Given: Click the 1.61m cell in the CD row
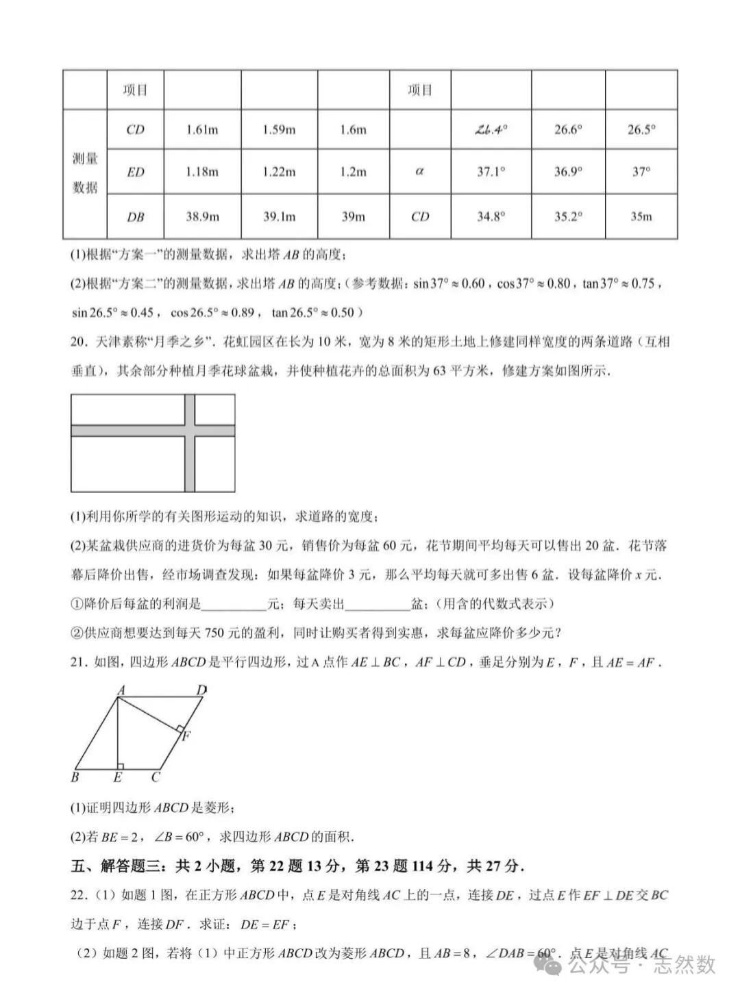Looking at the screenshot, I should (202, 129).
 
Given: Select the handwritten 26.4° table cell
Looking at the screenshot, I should (491, 129).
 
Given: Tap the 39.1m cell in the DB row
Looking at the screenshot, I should (280, 216).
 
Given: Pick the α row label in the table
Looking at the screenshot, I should (420, 171).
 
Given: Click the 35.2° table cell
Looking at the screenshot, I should (568, 216).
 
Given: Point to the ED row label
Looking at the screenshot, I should (136, 172).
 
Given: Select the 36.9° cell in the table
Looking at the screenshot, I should (568, 171).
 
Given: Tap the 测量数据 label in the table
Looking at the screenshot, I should (85, 173).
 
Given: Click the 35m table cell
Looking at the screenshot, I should (641, 216).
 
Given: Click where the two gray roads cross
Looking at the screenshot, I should (190, 430).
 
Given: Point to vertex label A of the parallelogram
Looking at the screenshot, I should (120, 690).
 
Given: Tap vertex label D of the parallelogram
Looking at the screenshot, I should (201, 690).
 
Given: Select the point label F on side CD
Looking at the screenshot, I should (186, 736).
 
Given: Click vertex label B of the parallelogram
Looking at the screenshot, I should (75, 777).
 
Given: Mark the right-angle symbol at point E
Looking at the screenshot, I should (121, 766).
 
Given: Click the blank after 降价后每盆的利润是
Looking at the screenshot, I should (234, 605).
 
